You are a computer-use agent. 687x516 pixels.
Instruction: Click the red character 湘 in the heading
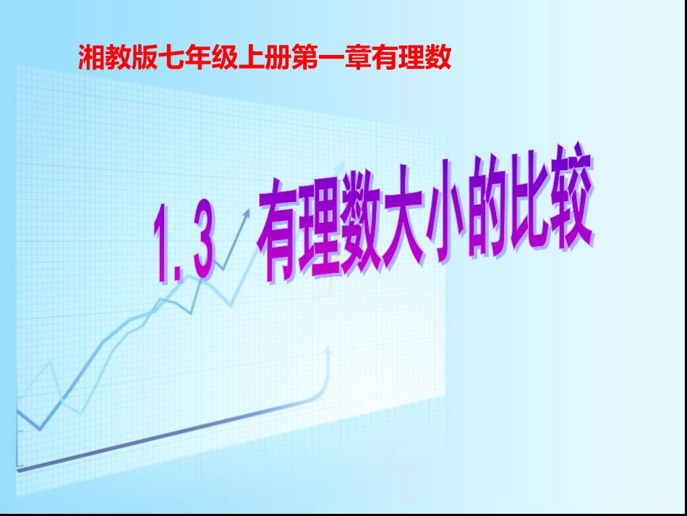tap(92, 58)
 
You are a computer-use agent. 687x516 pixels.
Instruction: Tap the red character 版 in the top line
tap(145, 58)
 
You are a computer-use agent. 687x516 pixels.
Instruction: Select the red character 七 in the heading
tap(171, 58)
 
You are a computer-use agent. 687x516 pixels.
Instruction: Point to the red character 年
tap(198, 58)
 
